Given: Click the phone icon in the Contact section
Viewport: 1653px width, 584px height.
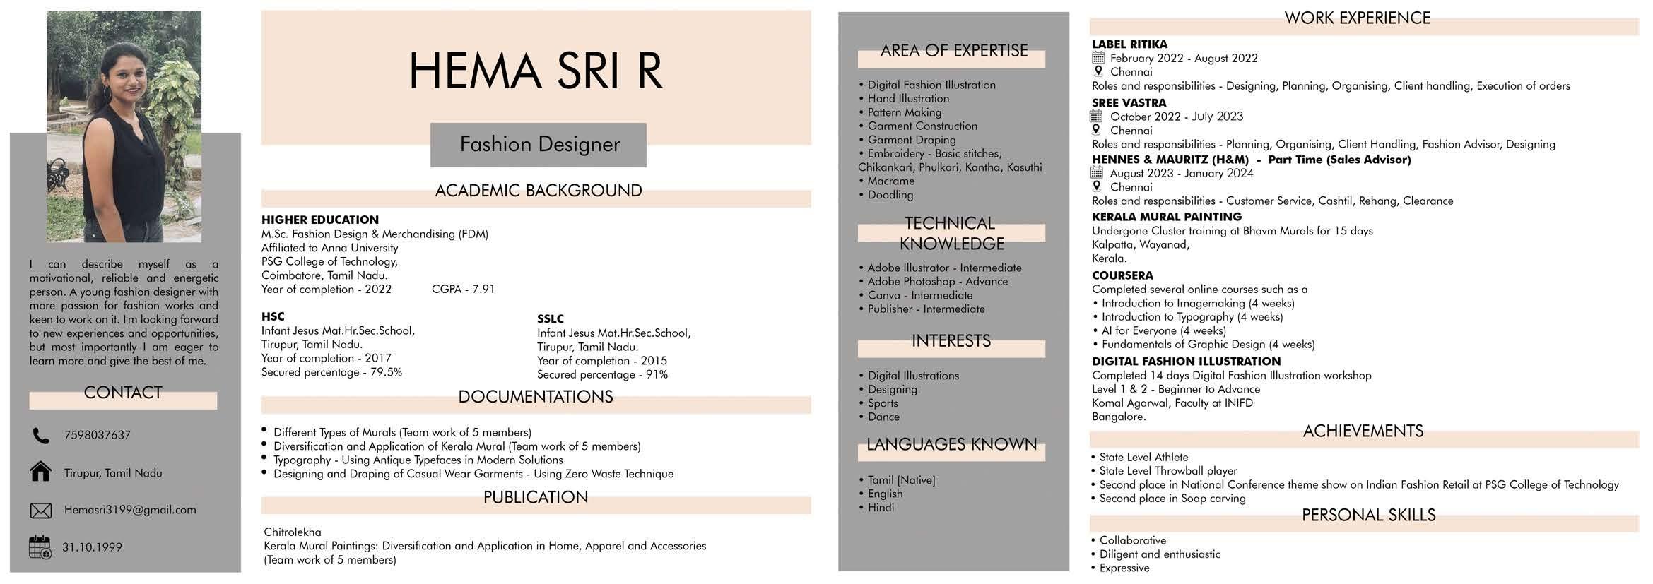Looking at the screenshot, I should point(41,436).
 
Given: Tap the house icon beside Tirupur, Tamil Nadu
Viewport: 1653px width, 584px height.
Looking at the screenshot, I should point(41,472).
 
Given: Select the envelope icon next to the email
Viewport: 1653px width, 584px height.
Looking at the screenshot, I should point(41,510).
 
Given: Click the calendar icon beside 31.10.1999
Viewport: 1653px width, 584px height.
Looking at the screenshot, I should point(40,547).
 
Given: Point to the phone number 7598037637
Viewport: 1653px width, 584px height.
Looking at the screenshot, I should point(98,435).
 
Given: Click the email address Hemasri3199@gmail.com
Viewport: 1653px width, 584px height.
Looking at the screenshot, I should point(130,510).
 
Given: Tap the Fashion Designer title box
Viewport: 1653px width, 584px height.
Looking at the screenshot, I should point(539,145).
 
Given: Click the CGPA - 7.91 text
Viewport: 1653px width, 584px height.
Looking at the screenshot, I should point(463,290).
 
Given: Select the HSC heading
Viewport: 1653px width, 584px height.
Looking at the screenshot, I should point(273,316).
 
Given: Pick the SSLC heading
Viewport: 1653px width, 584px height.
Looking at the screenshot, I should point(551,318).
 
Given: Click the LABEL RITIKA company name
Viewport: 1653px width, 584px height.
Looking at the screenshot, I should point(1129,44).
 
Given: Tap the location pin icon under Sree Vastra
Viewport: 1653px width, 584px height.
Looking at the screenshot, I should point(1097,130).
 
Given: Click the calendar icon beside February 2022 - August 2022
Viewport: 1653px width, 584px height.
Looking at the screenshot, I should point(1098,58).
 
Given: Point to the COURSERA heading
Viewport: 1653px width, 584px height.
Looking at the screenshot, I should point(1122,275).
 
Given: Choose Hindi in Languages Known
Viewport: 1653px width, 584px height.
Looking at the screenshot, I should point(881,507).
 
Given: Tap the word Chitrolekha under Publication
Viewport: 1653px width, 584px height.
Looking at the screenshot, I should point(293,532).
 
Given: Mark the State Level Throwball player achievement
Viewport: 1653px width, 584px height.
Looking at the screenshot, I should point(1167,471).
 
